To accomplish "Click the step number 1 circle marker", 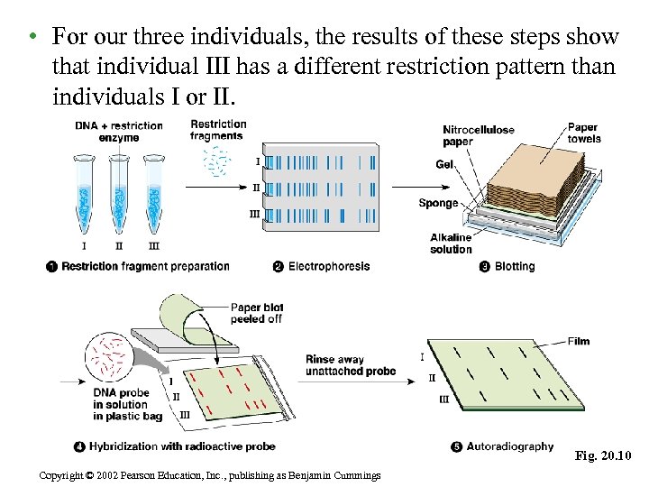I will click(x=52, y=267).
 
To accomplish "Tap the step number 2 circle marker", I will click(x=279, y=267).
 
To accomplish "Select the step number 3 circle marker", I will click(x=484, y=267).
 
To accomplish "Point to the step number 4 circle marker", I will click(x=80, y=446).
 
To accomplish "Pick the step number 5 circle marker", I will click(x=456, y=446).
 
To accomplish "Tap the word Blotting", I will click(x=515, y=267).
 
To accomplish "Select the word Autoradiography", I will click(x=511, y=446).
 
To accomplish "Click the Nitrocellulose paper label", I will click(x=478, y=135).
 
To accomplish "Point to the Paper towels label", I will click(x=584, y=133).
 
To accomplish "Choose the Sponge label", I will click(x=438, y=204).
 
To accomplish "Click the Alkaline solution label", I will click(x=451, y=243).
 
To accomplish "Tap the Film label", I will click(x=579, y=341).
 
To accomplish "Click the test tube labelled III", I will click(x=153, y=194).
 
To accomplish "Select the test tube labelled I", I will click(x=85, y=194).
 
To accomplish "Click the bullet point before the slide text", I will click(x=32, y=37).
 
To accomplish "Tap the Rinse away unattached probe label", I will click(x=351, y=365).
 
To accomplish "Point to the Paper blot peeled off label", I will click(x=257, y=313).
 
